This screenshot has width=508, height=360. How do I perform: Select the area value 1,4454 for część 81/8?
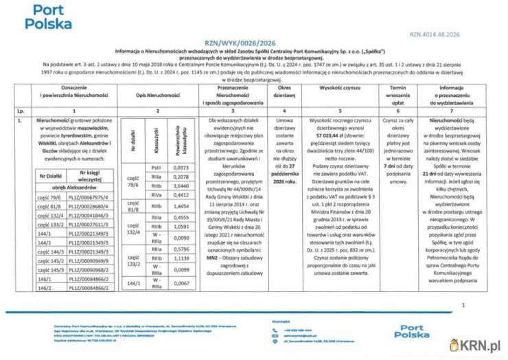[180, 205]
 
